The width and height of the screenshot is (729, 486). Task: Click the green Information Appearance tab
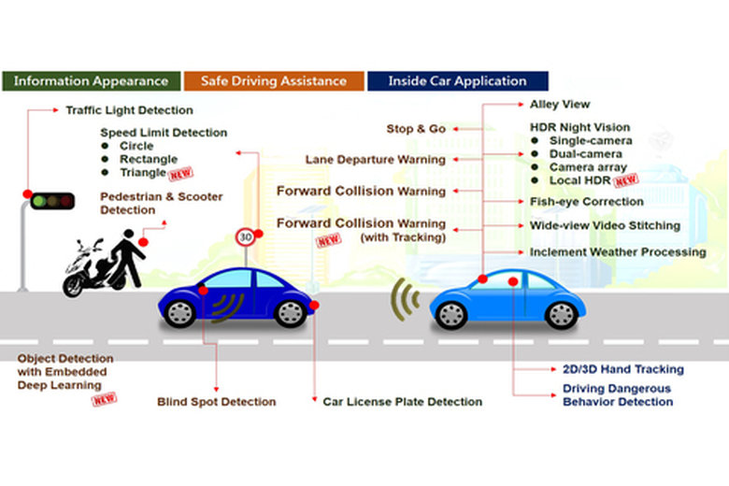91,80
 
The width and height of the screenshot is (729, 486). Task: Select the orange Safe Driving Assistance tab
273,80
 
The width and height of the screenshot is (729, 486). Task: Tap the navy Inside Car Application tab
458,80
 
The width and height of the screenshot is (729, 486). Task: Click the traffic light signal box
52,200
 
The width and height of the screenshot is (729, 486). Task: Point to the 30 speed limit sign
246,237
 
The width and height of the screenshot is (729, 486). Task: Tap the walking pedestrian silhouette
129,255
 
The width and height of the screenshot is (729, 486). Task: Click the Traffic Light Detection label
129,110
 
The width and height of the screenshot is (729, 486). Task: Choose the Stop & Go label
416,129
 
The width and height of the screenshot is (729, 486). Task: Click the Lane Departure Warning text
375,160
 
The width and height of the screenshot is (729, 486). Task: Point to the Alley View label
560,105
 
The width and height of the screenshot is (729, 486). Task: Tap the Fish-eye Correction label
586,201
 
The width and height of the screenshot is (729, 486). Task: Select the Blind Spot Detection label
216,402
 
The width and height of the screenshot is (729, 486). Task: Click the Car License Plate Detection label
402,402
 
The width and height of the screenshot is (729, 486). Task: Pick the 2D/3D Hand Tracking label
622,369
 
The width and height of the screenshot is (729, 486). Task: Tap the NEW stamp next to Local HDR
626,180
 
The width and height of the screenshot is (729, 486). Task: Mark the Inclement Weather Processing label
618,252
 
